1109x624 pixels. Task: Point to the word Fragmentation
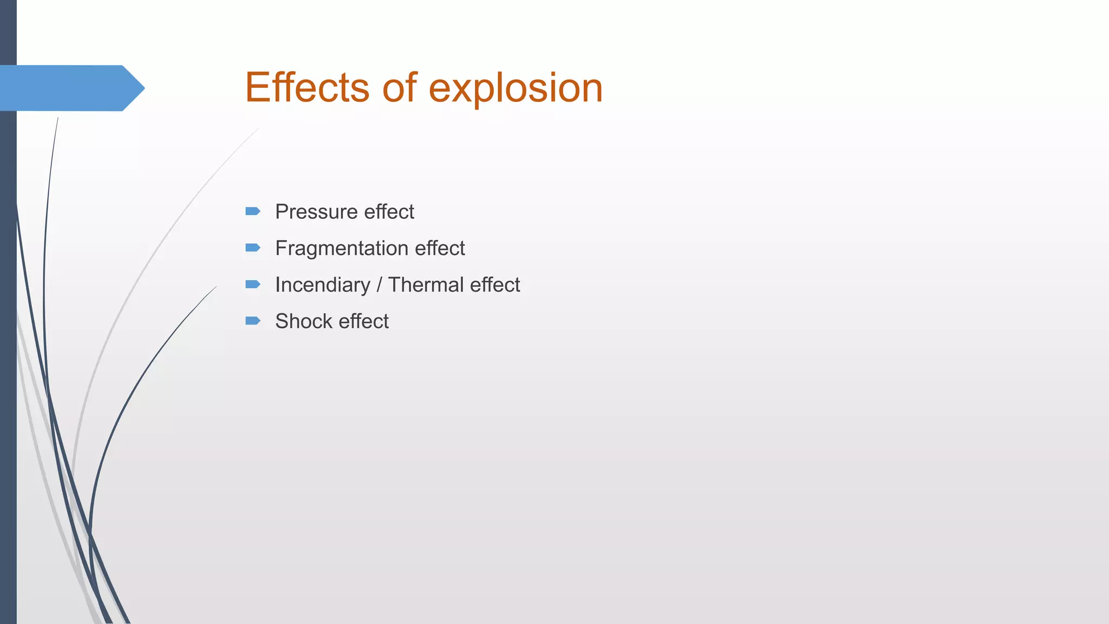coord(341,249)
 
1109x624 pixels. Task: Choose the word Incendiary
coord(322,285)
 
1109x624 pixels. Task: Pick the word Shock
coord(303,321)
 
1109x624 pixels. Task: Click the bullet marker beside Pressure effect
coord(253,211)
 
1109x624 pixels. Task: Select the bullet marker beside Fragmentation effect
coord(253,248)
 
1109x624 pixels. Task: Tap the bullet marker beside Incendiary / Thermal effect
coord(253,284)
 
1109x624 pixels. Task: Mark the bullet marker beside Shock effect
coord(253,321)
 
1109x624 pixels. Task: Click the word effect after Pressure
coord(389,212)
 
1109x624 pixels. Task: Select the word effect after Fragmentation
coord(440,249)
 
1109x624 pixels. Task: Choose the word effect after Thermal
coord(495,285)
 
